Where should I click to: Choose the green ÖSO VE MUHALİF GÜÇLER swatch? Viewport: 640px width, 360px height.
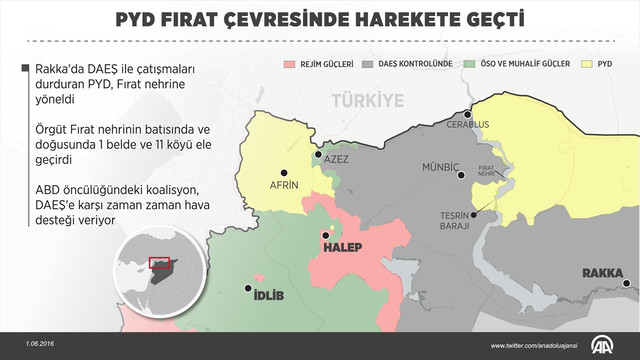click(x=471, y=63)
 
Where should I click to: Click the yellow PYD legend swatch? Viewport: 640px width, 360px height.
click(x=589, y=63)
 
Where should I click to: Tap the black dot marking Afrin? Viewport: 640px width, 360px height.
click(x=283, y=172)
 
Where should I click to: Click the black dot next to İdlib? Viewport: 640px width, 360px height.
click(x=248, y=290)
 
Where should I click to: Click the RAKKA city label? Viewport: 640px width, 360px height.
click(x=605, y=272)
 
